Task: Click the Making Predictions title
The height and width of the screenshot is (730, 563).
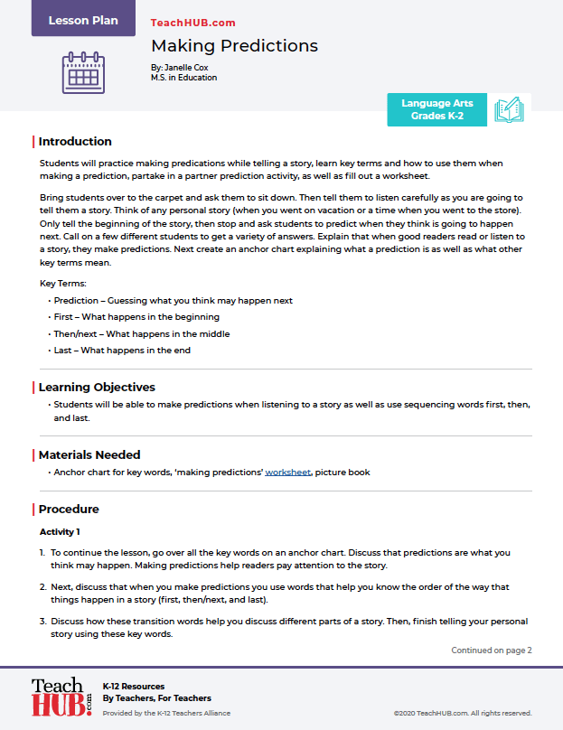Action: click(x=234, y=46)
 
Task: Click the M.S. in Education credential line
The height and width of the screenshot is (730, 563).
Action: click(x=183, y=78)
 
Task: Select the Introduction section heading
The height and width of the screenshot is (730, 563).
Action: click(x=75, y=142)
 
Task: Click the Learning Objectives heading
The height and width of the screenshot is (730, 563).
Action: click(x=97, y=388)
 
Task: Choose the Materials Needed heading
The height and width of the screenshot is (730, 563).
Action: click(x=89, y=454)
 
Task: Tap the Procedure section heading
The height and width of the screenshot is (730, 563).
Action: click(x=69, y=510)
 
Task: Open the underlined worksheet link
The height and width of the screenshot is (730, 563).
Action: click(x=287, y=473)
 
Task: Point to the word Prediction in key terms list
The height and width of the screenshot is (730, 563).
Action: click(x=76, y=301)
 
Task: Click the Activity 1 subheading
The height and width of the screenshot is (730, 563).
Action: click(x=60, y=532)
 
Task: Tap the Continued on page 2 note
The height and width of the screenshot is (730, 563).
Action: click(x=492, y=650)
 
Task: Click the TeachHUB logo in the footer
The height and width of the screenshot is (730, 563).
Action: click(x=61, y=697)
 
